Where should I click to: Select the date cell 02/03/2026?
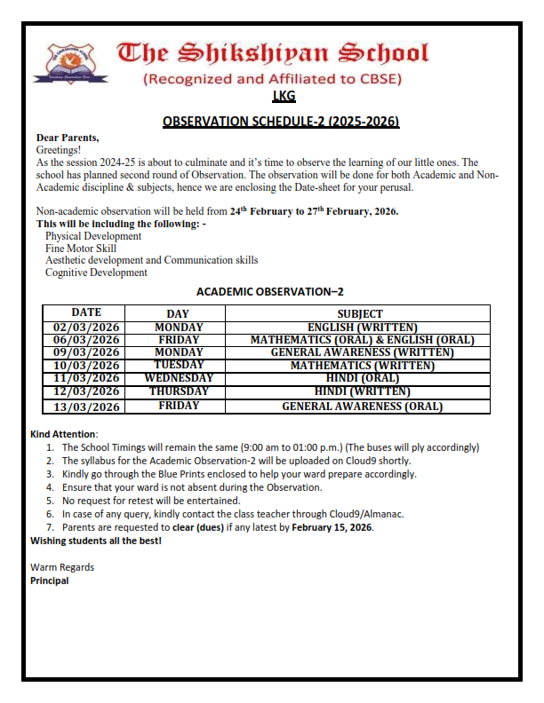(86, 328)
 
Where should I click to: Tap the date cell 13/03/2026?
(86, 407)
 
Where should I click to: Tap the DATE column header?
(86, 312)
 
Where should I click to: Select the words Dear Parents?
(68, 138)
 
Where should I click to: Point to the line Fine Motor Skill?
(81, 249)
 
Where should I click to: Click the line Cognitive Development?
(96, 273)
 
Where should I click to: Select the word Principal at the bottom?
(49, 581)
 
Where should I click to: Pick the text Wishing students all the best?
(96, 541)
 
